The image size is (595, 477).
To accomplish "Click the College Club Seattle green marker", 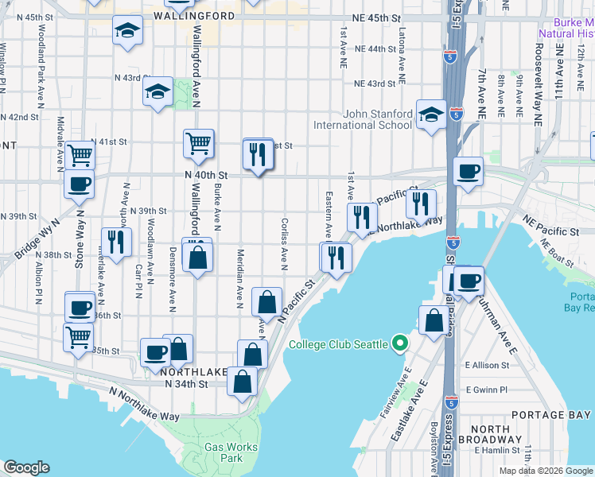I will (401, 344).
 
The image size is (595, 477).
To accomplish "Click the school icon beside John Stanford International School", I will (431, 115).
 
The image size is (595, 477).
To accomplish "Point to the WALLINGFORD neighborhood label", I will (194, 16).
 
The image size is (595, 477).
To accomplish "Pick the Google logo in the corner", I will (26, 467).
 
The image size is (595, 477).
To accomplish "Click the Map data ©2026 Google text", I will (545, 471).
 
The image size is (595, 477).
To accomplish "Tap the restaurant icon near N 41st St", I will (258, 153).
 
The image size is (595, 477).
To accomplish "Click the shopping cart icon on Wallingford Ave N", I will (198, 143).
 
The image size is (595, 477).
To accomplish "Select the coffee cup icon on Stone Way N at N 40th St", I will (79, 184).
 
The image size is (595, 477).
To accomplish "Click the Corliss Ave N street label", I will (284, 242).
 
